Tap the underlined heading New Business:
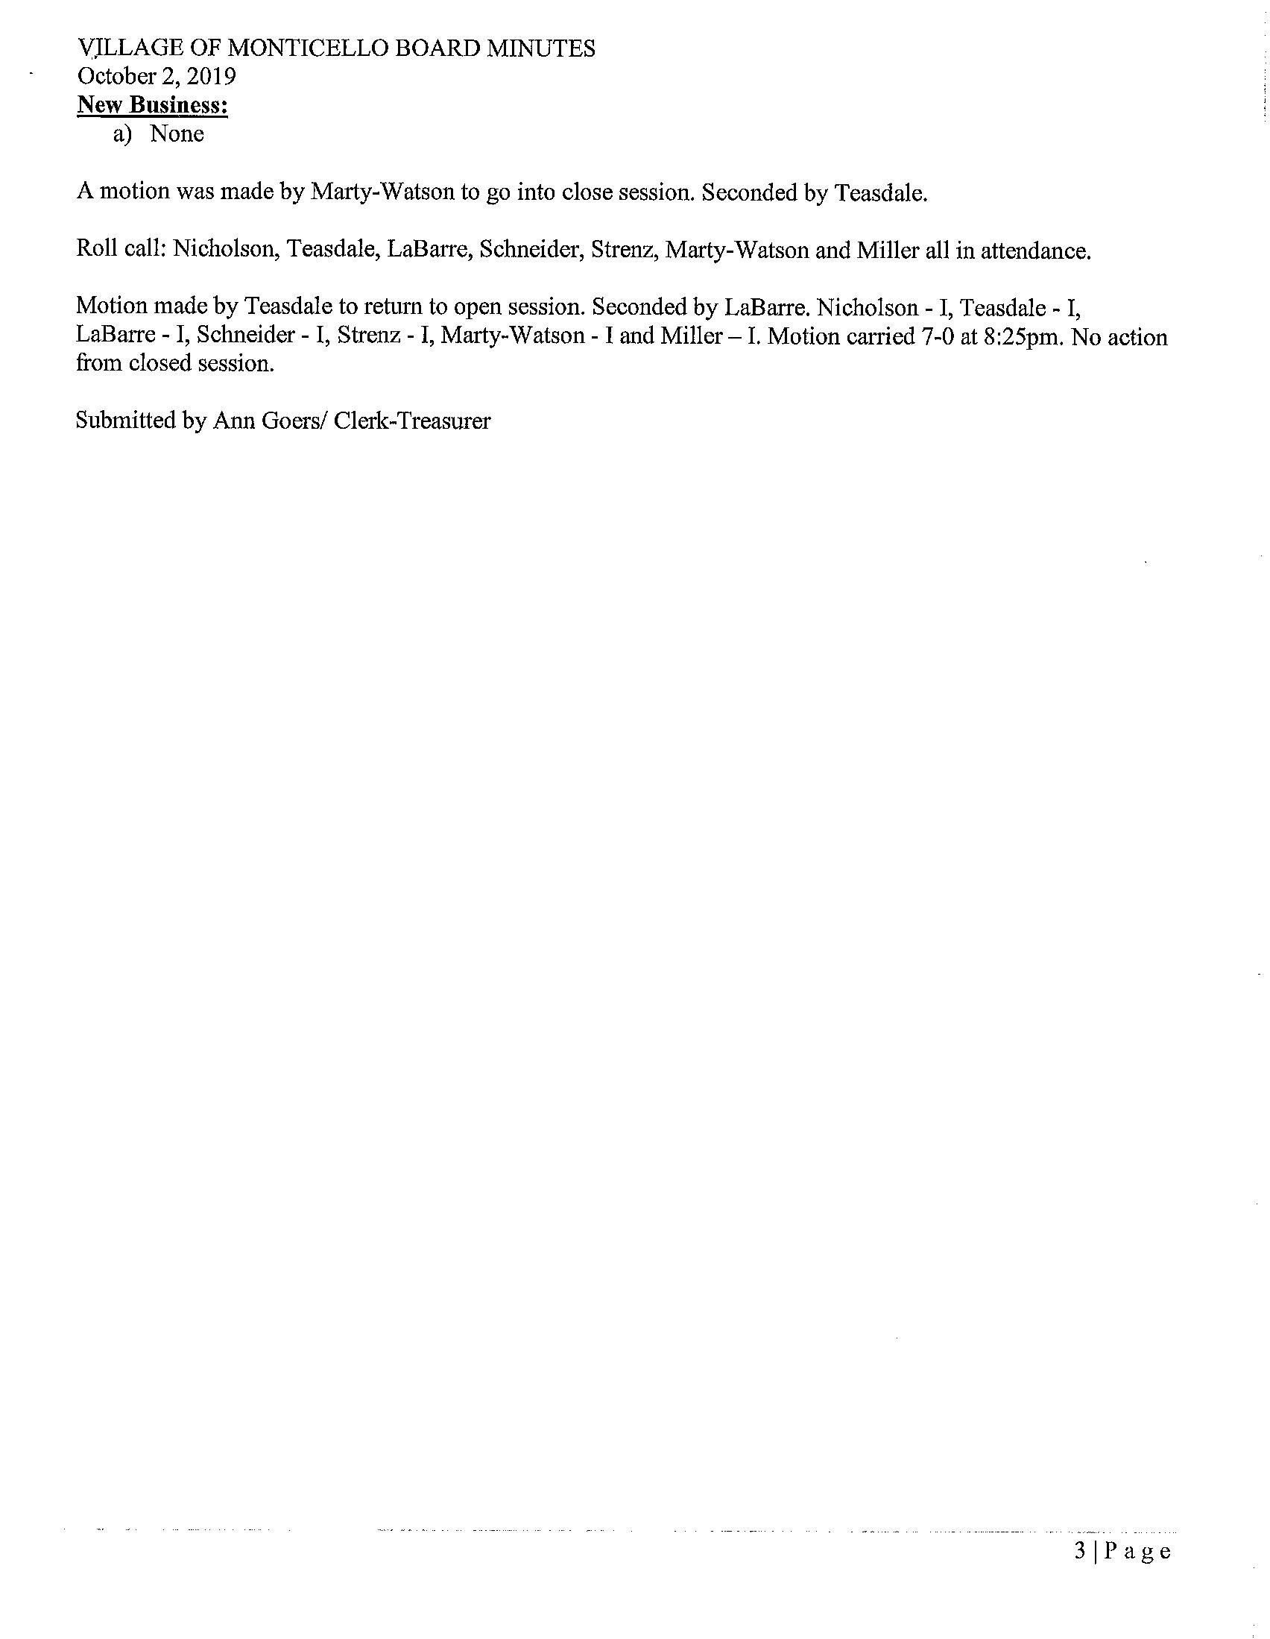click(x=152, y=105)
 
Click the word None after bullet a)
click(x=177, y=133)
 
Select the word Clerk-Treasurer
click(x=412, y=421)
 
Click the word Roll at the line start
click(x=94, y=249)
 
